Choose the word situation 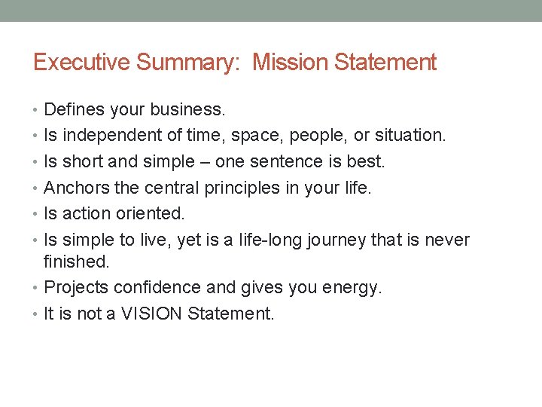[x=410, y=136]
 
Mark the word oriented [x=151, y=213]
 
